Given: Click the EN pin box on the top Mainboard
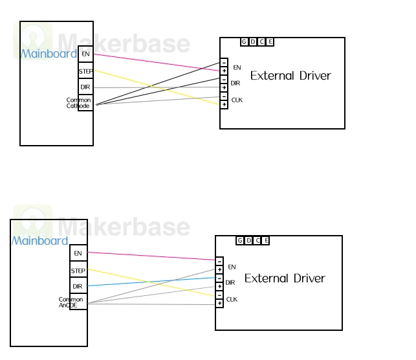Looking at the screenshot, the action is [85, 54].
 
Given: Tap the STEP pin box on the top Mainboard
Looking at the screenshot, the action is [85, 71].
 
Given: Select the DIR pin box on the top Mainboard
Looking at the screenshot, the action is [85, 87].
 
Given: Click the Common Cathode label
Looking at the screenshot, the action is [78, 103].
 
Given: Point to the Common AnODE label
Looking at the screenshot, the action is [71, 302].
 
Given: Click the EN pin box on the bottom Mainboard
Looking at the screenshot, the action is [78, 253].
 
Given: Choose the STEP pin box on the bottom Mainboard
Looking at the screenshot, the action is [78, 269].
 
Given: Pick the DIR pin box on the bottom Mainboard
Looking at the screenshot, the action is [78, 286].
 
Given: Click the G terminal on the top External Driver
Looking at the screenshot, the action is [245, 41].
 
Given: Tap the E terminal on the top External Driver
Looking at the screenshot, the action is [270, 41].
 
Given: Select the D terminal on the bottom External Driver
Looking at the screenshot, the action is [248, 240].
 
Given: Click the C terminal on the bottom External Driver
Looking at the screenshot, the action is [257, 240].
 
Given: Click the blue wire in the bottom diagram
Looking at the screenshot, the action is [151, 282].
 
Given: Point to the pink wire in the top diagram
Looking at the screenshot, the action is [157, 62].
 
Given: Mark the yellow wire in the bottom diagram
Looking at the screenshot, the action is [151, 282].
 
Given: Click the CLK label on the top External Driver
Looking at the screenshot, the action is [237, 100].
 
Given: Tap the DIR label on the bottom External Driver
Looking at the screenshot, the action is [230, 283].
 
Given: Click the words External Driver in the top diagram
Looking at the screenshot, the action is [290, 76].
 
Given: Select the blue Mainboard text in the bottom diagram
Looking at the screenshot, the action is [40, 241].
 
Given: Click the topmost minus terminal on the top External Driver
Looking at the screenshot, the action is [224, 63].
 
